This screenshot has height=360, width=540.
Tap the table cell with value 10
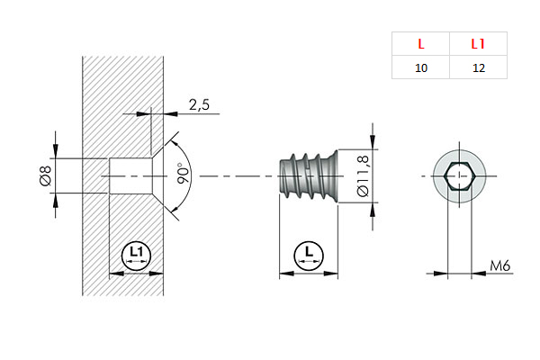(420, 68)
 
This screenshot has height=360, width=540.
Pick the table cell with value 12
(478, 68)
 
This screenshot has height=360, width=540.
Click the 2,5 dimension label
(199, 105)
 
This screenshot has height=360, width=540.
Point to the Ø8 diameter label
(46, 175)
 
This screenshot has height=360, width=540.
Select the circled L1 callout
(136, 255)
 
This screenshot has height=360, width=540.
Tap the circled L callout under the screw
(309, 255)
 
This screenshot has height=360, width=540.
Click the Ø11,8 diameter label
(364, 175)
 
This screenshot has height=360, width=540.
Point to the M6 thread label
(501, 265)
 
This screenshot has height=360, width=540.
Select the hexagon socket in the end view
(460, 175)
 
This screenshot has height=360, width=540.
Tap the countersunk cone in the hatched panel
(155, 175)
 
